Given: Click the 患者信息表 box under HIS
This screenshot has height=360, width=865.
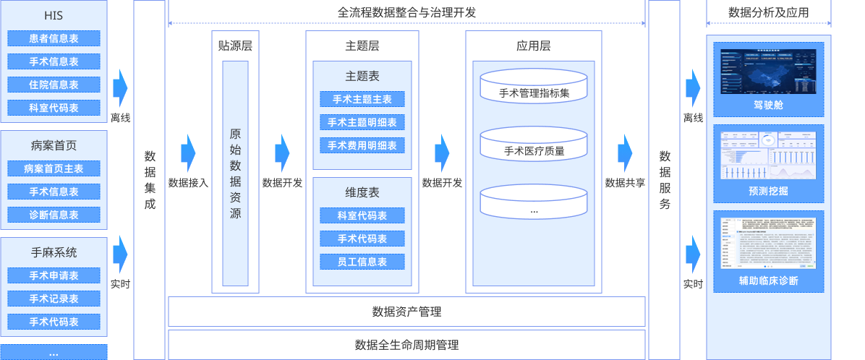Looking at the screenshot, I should click(x=54, y=39).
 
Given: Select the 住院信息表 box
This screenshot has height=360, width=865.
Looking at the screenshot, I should click(x=54, y=85).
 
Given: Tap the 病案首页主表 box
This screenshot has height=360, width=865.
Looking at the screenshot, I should click(x=54, y=168).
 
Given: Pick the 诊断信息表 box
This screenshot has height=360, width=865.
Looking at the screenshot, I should click(x=54, y=215).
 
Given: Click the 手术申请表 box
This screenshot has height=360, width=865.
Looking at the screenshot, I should click(x=54, y=275).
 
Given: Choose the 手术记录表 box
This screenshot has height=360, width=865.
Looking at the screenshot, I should click(x=54, y=299).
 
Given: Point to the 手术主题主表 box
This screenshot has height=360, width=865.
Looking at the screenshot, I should click(x=362, y=99).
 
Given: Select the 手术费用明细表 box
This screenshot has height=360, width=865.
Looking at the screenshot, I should click(x=362, y=145).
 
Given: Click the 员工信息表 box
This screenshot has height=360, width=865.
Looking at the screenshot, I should click(x=362, y=262).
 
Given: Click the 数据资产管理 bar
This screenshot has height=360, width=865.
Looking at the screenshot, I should click(x=406, y=312).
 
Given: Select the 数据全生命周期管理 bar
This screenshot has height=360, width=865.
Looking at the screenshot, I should click(x=406, y=345).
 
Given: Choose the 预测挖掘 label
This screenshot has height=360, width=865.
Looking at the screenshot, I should click(x=768, y=191).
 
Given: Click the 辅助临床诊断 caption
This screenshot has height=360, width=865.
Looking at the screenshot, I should click(x=768, y=280).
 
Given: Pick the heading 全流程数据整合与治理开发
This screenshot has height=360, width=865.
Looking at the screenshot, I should click(x=406, y=12).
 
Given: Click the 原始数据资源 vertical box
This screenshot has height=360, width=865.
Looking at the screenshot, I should click(x=235, y=173).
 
